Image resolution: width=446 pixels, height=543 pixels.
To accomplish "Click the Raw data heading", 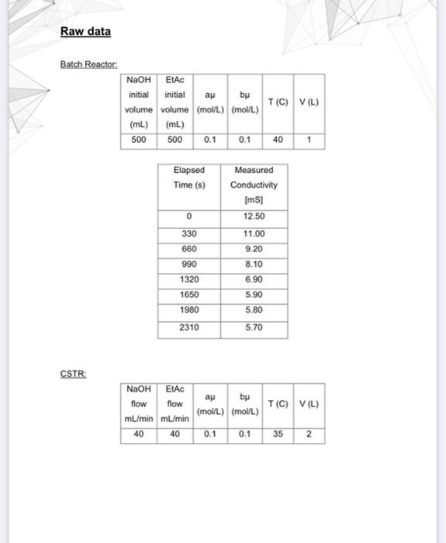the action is point(85,32).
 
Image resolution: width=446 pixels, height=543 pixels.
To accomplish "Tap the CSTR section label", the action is point(74,374).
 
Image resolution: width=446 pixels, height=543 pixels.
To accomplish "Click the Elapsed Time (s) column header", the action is point(189,177).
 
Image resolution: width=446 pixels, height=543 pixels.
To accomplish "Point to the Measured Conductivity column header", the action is point(254,185).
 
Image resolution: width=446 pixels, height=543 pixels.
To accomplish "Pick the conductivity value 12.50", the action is point(254,216).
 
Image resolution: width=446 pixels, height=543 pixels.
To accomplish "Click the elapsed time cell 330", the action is point(189,233).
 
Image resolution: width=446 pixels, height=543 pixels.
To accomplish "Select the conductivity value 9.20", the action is point(254,249).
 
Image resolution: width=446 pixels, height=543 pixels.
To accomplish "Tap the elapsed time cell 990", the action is point(189,264).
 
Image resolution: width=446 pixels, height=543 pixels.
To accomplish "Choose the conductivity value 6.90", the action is point(254,279).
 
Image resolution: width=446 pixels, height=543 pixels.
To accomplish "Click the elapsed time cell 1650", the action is point(189,295).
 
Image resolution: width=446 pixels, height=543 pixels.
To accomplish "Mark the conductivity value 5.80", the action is point(254,310).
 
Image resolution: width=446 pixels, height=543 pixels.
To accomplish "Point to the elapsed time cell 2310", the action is point(189,327).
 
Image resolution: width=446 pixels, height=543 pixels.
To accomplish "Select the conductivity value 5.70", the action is point(254,327).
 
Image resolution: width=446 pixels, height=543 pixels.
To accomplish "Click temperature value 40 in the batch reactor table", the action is point(278,140).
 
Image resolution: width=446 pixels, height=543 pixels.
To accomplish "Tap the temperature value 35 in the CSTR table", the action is point(278,434).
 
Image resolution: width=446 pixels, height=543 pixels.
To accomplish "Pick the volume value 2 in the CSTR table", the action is point(309,434).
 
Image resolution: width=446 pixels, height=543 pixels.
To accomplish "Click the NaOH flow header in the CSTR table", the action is point(139,403).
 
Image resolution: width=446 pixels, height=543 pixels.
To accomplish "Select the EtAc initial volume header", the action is point(175,102).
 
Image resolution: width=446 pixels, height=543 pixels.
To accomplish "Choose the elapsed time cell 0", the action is point(189,216).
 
